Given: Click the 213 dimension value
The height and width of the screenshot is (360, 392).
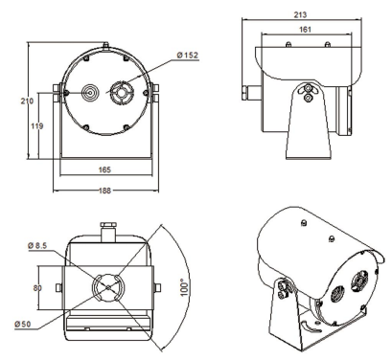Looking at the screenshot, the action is (x=300, y=14).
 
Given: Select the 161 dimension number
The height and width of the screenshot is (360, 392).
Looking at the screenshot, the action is (x=305, y=30).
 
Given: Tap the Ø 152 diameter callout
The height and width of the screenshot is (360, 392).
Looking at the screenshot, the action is (x=188, y=56).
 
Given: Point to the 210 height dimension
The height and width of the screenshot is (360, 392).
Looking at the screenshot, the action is (x=27, y=101).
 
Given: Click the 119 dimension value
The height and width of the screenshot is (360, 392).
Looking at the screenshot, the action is (x=37, y=126).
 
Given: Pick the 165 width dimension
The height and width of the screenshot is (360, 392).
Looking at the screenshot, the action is (x=104, y=169).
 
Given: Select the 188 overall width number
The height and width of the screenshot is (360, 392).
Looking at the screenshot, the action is (x=104, y=191).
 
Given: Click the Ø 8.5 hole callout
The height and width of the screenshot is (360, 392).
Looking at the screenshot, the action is (x=37, y=245).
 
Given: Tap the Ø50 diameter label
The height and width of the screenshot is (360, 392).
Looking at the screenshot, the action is (x=23, y=325).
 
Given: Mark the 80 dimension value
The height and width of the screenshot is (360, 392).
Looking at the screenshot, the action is (x=37, y=288).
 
